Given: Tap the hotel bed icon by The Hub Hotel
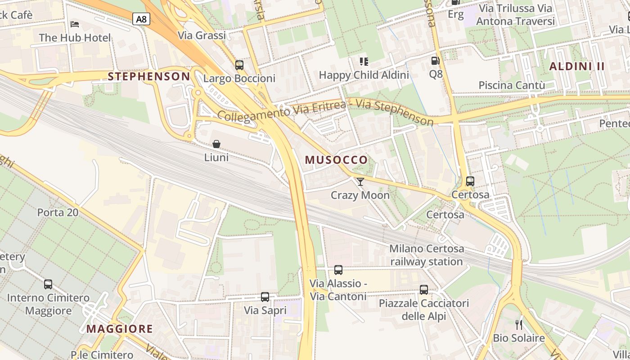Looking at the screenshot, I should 75,23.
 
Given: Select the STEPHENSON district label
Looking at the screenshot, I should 149,76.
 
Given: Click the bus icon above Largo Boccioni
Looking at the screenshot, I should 239,65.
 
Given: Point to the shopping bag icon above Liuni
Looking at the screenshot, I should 216,144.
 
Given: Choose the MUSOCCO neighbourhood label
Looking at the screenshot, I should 336,160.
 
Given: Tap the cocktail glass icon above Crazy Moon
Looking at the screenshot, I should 360,181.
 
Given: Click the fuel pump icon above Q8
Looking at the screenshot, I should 435,60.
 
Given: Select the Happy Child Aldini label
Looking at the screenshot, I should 364,75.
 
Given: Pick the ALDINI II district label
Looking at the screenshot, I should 577,66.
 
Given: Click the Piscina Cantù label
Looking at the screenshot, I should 512,85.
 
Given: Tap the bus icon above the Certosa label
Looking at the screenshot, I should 470,181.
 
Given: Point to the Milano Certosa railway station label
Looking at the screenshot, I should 426,255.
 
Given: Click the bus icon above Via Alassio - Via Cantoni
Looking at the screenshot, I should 338,270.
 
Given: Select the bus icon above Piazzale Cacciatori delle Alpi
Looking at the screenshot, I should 423,289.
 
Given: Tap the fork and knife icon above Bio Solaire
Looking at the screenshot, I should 519,324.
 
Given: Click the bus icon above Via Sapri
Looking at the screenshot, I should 265,297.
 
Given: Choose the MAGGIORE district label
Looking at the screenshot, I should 120,328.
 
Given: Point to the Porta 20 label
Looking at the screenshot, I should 58,212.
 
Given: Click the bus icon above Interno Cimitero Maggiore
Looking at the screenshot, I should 48,284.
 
